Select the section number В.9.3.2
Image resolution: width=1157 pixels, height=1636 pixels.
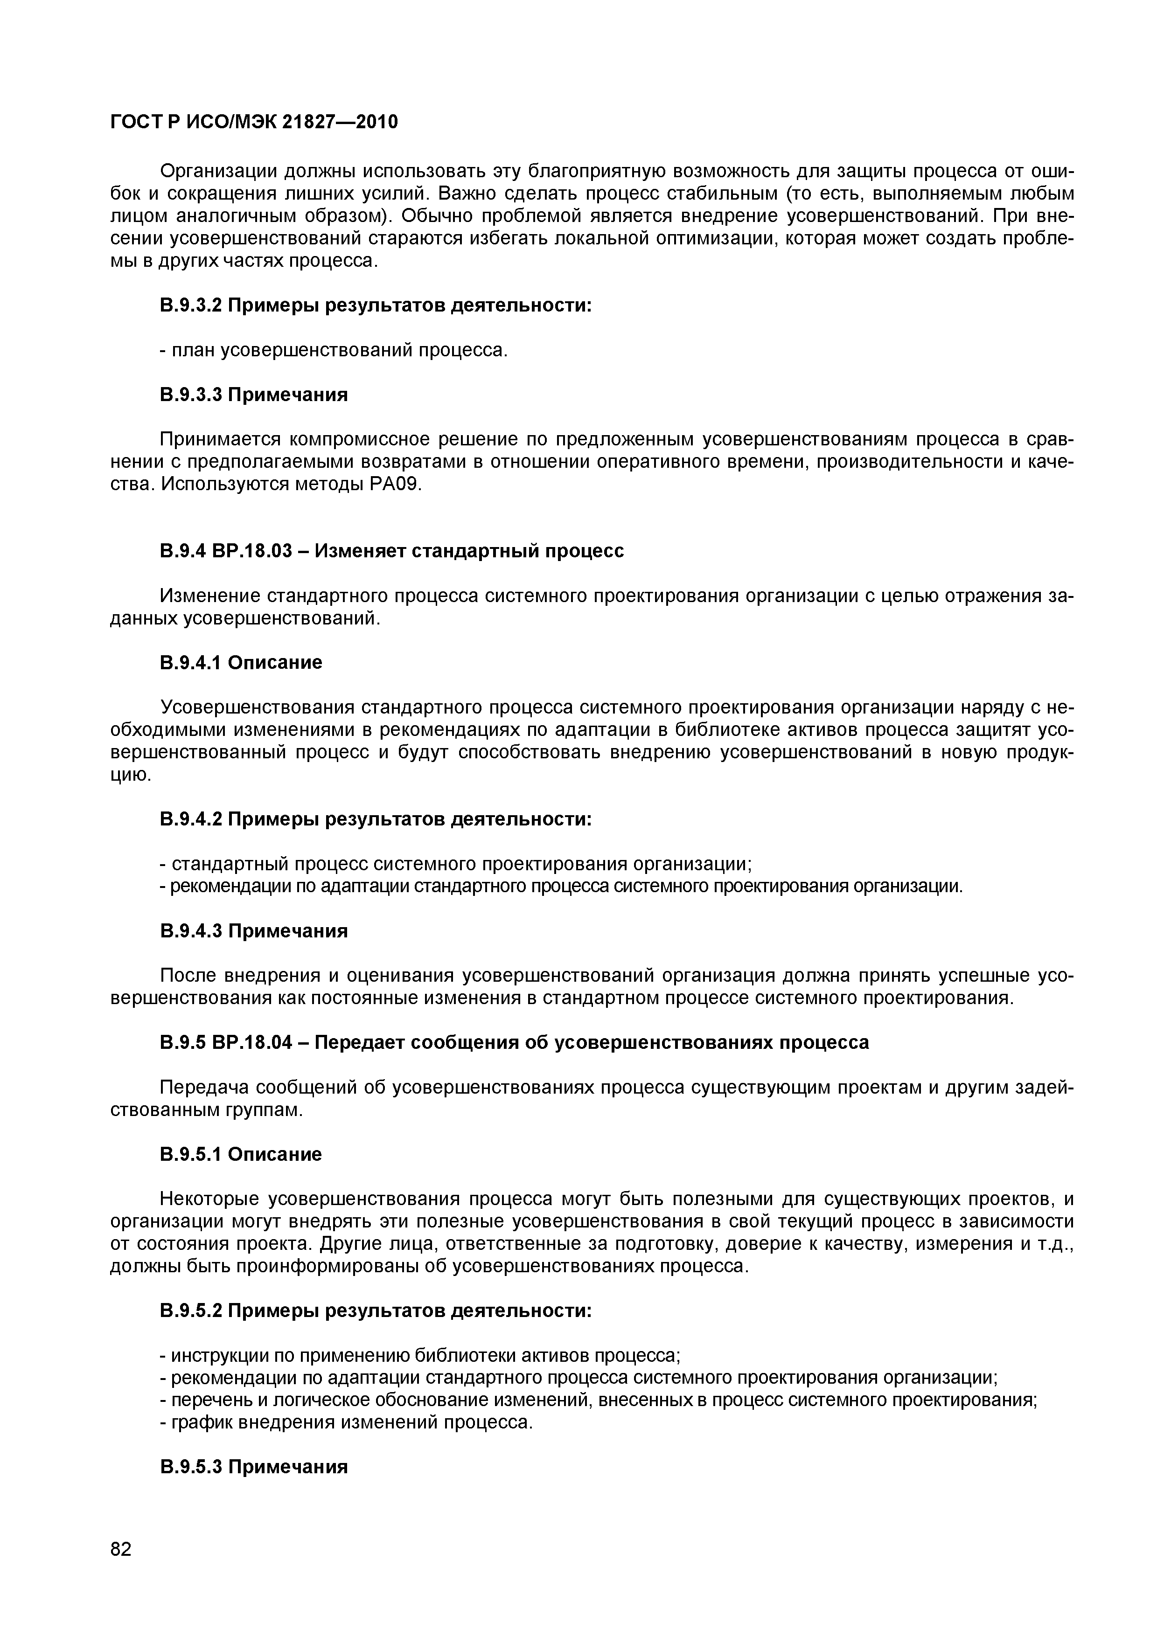(191, 305)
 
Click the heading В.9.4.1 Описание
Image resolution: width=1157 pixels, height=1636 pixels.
(241, 663)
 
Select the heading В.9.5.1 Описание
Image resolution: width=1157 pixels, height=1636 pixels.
(241, 1154)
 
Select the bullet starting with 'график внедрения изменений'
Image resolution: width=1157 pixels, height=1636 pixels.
(347, 1422)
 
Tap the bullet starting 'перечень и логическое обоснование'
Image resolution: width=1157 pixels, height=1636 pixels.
(597, 1400)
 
